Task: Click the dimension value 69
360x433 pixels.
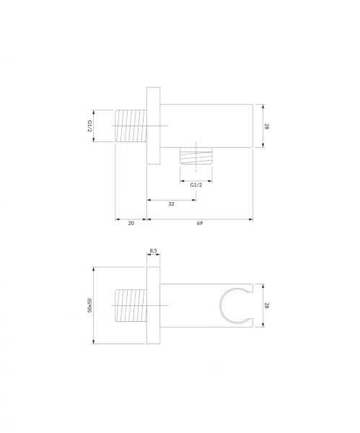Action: click(200, 223)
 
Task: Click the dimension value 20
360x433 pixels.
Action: click(131, 223)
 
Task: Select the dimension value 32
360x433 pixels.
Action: click(172, 204)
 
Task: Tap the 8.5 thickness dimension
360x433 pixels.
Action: click(153, 250)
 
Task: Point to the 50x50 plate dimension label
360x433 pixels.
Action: click(89, 305)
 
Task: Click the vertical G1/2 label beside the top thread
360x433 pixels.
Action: click(89, 126)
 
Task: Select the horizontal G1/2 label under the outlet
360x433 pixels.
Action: click(196, 185)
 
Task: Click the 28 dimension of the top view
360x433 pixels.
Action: click(266, 126)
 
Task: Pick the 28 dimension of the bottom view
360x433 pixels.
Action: click(266, 305)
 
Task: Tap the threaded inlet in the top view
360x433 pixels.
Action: click(131, 126)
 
